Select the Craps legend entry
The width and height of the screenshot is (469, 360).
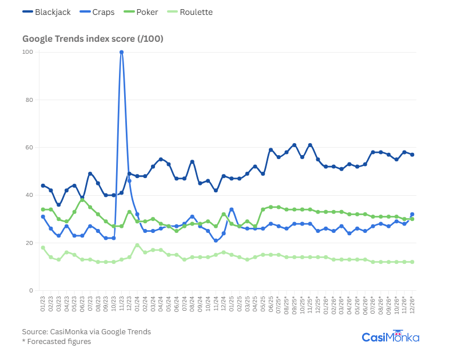click(94, 12)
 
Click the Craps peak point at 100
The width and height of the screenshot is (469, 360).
click(121, 52)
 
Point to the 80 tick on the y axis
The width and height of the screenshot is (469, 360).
click(29, 100)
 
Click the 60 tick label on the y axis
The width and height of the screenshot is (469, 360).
click(29, 148)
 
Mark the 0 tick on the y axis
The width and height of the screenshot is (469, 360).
click(31, 291)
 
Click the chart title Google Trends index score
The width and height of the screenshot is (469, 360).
click(93, 39)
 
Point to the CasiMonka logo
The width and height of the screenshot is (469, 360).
click(391, 337)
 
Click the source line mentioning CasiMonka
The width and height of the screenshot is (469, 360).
click(86, 331)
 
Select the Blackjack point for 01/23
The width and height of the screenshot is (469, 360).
click(43, 185)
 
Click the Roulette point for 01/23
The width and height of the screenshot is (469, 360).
click(43, 248)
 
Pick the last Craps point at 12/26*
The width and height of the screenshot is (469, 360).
click(412, 215)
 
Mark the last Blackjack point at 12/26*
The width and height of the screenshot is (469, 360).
click(412, 155)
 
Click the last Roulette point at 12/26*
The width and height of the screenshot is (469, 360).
click(412, 262)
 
